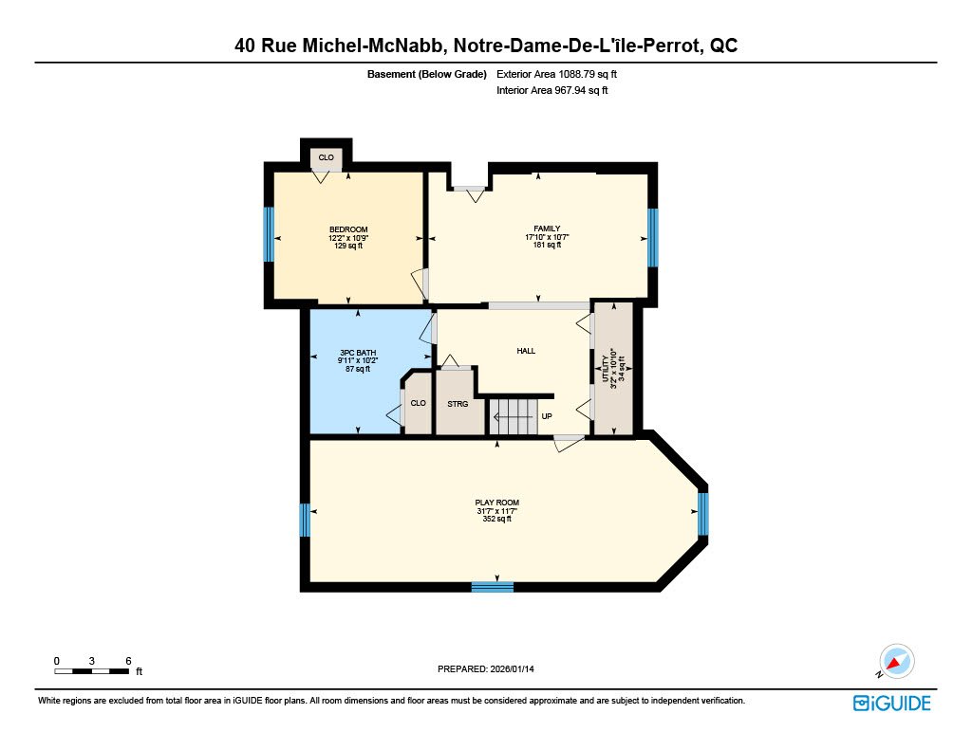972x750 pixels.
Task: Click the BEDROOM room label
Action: click(348, 229)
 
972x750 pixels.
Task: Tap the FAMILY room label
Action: click(547, 229)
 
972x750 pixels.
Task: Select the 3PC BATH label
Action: click(358, 353)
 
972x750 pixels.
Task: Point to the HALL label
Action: click(526, 351)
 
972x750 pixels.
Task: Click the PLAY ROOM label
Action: click(497, 503)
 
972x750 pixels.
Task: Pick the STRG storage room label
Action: click(458, 404)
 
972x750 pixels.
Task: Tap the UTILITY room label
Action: click(606, 369)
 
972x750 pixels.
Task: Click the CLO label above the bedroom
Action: click(327, 157)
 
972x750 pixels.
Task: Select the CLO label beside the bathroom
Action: click(418, 403)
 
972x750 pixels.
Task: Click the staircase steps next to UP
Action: click(512, 416)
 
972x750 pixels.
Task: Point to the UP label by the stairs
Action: click(547, 416)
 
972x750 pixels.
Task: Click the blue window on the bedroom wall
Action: click(269, 234)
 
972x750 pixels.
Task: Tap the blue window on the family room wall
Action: click(653, 238)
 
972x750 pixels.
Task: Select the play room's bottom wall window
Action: click(493, 587)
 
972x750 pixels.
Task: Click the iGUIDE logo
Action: click(891, 704)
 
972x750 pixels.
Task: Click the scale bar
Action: click(92, 671)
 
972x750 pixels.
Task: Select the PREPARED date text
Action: click(485, 668)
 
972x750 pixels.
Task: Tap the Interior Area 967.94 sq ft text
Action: click(551, 90)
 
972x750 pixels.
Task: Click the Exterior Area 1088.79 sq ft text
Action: click(556, 74)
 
